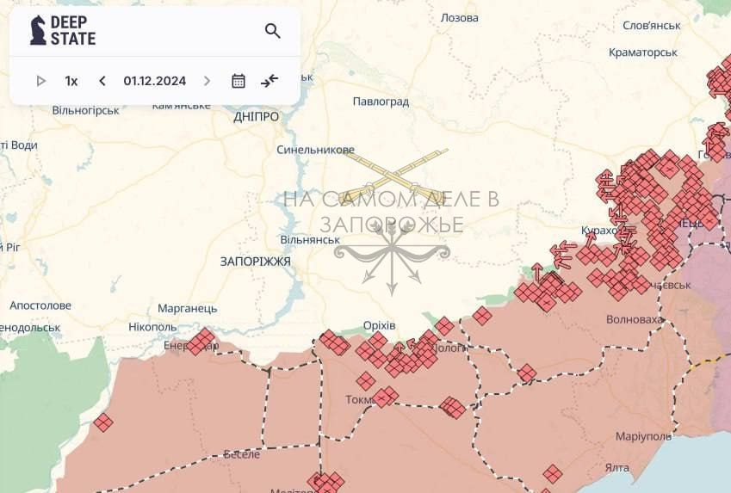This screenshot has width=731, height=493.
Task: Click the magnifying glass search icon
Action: (273, 32)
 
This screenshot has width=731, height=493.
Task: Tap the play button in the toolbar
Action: (40, 81)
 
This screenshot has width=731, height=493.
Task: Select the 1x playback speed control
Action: (71, 81)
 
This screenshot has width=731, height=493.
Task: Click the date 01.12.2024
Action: (154, 81)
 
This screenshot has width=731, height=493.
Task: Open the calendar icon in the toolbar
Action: (239, 81)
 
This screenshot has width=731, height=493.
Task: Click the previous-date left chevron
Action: (102, 81)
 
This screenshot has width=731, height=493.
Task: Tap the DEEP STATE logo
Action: (63, 31)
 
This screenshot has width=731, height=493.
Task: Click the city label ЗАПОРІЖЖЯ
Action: (255, 261)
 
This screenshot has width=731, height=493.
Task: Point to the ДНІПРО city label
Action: (256, 116)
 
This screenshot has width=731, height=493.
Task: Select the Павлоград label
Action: (381, 102)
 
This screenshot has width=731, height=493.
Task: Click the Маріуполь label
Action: (643, 436)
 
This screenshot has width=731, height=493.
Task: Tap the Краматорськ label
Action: (642, 52)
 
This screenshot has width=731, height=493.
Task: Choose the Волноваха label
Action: (635, 319)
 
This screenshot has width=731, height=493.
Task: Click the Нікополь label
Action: (152, 326)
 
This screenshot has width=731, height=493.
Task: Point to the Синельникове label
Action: (315, 149)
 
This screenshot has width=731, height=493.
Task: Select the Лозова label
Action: (459, 17)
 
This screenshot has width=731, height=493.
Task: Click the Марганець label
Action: (188, 308)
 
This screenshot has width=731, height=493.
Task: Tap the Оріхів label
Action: (379, 325)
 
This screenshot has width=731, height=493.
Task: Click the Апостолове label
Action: (40, 305)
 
